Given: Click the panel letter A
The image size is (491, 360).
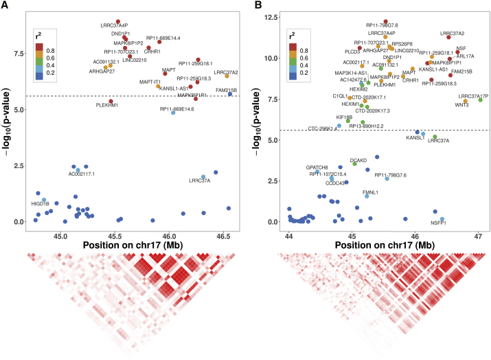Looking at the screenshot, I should point(5,5).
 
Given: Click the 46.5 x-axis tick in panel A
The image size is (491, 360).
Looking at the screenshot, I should point(224,236).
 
